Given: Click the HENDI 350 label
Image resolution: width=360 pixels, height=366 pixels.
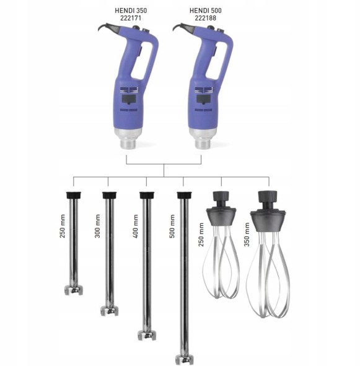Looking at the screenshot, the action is coord(131,11).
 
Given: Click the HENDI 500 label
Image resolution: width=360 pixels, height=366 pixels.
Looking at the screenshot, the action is coord(206,11).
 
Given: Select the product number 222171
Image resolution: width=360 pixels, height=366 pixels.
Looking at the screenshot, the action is coord(131,18).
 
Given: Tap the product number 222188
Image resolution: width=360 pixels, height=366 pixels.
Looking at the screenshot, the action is coord(206,18).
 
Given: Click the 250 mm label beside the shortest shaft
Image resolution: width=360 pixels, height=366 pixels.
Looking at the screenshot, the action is coord(62,226).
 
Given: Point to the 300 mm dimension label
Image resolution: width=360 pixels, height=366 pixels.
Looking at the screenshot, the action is coord(97,226).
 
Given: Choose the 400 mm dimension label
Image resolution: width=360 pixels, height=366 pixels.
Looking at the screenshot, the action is coord(135,226).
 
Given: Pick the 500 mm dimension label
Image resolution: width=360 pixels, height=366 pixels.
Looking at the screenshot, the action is coord(172,226).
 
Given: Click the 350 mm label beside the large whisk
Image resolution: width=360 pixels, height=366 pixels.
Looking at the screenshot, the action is coord(247,234).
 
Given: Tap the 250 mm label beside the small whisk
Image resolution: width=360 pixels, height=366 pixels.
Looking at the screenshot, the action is coord(201,234).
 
